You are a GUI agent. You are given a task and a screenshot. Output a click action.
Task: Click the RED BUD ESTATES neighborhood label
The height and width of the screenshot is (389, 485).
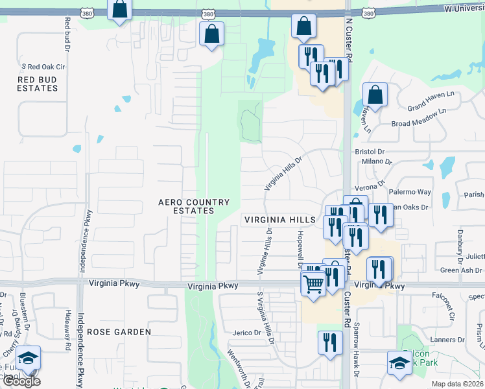coord(37,84)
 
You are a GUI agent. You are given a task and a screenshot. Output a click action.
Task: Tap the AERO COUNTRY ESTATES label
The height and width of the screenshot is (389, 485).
coord(195,206)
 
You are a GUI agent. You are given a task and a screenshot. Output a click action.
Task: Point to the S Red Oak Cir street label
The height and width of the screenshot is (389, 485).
coord(44,67)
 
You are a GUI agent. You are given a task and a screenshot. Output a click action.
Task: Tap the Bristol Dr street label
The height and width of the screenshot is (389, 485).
coord(370,152)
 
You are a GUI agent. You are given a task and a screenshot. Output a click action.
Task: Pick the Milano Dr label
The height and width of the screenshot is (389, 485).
coord(377,161)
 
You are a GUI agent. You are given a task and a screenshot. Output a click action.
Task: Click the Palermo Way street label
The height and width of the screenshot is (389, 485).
coord(409,192)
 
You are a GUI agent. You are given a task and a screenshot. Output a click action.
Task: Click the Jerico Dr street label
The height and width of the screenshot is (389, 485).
coord(246,333)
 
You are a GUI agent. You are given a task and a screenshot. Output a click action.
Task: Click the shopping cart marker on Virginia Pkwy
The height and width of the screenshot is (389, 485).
coord(314,283)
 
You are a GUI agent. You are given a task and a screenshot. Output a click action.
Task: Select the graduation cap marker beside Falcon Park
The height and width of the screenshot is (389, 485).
coord(399,362)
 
